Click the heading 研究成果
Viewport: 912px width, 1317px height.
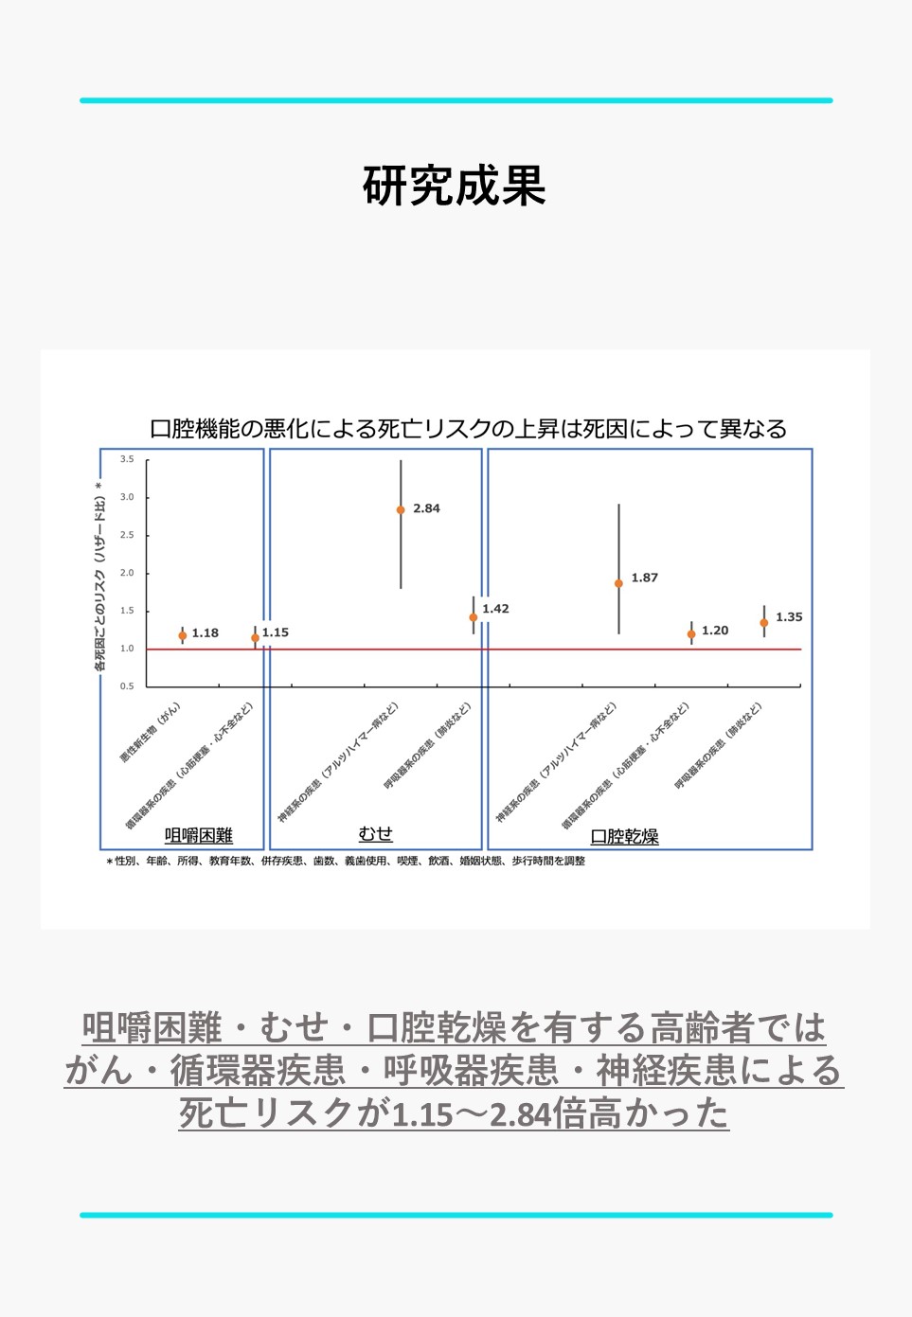455,186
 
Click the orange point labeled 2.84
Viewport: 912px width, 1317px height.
401,509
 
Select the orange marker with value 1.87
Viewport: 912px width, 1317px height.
618,583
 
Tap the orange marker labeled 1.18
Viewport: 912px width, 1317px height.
183,635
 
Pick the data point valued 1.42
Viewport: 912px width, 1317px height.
474,617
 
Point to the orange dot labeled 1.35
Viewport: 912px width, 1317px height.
764,622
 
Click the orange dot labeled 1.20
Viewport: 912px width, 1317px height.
691,633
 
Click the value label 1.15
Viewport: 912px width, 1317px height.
276,632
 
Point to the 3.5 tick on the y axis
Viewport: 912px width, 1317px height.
127,459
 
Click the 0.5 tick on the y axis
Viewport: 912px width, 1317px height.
127,685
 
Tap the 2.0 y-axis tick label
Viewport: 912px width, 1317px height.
127,573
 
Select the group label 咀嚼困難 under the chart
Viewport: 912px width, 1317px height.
199,835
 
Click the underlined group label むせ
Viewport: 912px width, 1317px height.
375,833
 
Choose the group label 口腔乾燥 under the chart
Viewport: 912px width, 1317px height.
624,836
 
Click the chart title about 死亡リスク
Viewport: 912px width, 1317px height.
468,429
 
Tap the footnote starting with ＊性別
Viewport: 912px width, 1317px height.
346,861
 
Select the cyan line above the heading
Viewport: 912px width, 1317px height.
456,100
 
